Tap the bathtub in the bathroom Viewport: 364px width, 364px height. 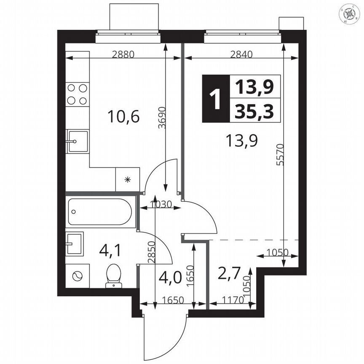click(101, 212)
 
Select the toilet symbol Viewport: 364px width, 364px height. click(113, 275)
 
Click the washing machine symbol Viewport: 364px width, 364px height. click(78, 276)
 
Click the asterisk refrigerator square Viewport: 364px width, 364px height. click(128, 179)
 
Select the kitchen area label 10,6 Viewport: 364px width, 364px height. click(118, 116)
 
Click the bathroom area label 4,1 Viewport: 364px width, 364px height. click(110, 251)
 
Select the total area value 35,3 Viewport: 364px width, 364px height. click(254, 112)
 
